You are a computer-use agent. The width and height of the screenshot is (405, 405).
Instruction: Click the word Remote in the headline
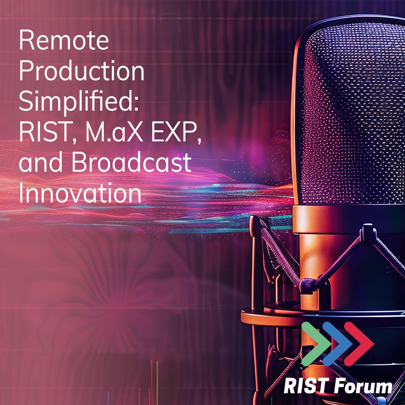tap(64, 41)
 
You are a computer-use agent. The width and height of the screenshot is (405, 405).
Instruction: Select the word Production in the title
tap(81, 72)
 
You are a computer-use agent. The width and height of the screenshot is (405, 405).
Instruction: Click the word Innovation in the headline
tap(80, 192)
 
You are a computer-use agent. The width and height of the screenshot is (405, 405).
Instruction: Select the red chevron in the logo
tap(359, 343)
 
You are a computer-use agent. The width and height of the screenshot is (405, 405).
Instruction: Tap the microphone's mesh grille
tap(349, 112)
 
